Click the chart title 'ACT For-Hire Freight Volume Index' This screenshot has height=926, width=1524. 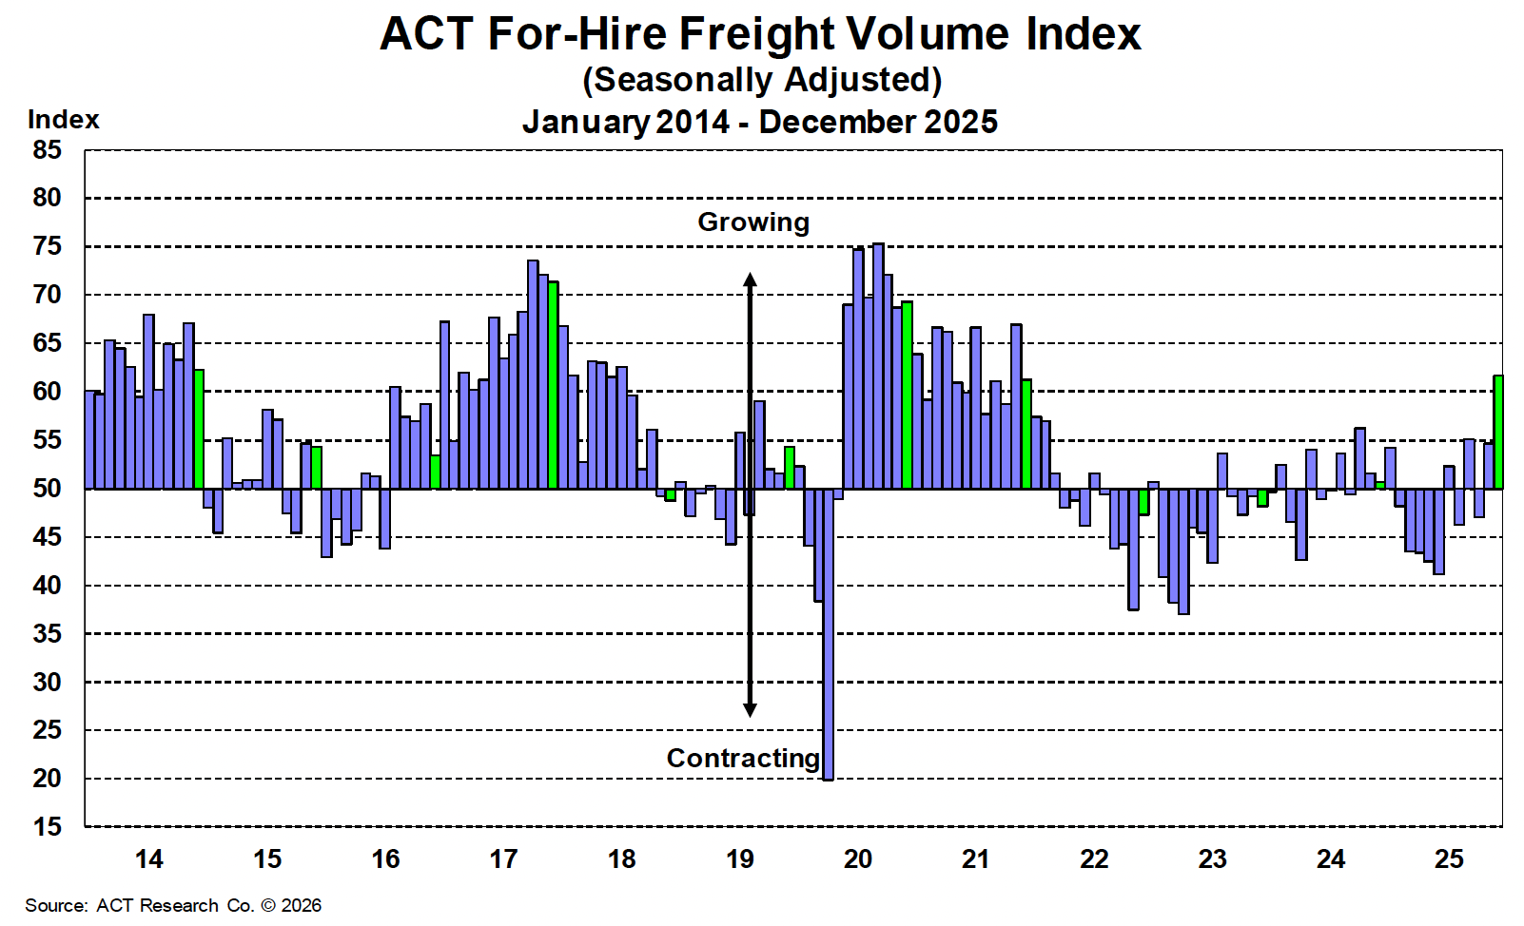[760, 34]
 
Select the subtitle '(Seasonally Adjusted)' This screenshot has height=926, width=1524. [761, 80]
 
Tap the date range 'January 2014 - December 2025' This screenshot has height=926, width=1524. [759, 122]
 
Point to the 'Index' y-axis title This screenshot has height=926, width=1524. [63, 120]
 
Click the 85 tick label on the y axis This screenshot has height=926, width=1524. [47, 150]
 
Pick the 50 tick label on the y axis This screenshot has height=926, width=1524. [47, 489]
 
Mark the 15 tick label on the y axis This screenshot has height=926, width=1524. [47, 827]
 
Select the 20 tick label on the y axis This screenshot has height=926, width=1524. [47, 779]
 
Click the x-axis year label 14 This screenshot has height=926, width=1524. [148, 859]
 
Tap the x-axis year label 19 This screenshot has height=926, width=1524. [739, 859]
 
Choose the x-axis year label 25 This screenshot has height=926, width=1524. [1449, 859]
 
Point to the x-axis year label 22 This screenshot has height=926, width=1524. [1094, 859]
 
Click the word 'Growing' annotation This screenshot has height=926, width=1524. [753, 222]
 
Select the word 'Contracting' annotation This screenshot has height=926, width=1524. [743, 759]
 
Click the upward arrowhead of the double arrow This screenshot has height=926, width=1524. [750, 280]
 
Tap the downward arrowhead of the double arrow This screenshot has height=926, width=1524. [750, 709]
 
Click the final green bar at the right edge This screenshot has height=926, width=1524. [1498, 433]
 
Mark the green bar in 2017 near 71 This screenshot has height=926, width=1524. [553, 385]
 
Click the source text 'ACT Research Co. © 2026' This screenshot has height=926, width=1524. [209, 906]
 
